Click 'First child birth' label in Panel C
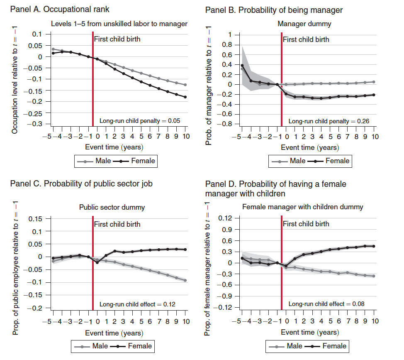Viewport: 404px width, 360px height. coord(117,224)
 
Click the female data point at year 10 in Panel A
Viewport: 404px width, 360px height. coord(185,97)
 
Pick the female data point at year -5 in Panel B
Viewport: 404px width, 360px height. coord(242,66)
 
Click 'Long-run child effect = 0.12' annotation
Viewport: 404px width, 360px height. coord(137,304)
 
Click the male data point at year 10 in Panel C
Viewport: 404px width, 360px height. coord(185,280)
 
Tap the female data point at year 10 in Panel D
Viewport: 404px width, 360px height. coord(374,246)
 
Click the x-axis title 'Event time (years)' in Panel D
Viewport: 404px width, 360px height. coord(309,332)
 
